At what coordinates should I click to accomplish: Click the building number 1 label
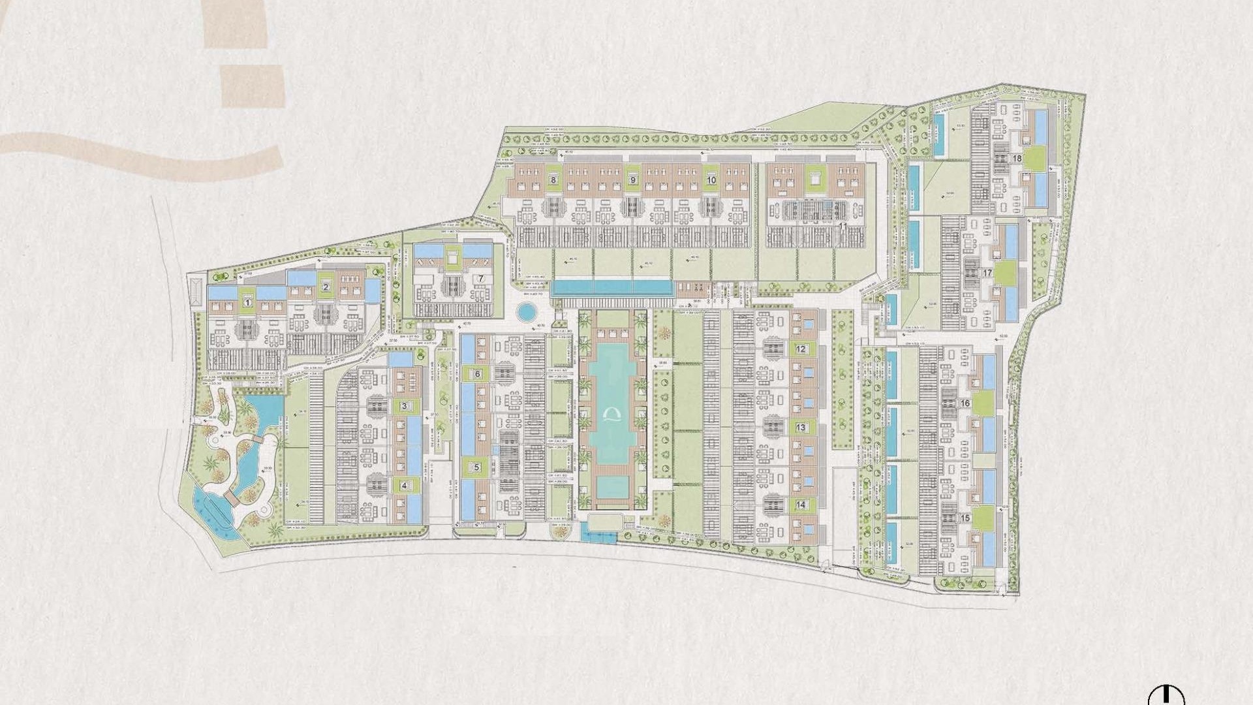[247, 302]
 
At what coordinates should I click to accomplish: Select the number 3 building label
[404, 407]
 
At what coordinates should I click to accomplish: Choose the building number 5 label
[476, 467]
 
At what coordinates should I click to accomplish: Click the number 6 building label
[477, 374]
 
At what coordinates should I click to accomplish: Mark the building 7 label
[480, 278]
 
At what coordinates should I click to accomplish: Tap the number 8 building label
[553, 180]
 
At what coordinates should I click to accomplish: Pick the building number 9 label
[632, 180]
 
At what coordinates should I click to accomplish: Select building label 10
[711, 180]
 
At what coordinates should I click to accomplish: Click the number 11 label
[843, 226]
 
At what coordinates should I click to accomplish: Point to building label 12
[801, 349]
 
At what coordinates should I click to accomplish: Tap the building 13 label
[801, 428]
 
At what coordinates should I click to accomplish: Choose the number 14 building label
[801, 505]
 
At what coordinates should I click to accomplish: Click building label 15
[965, 518]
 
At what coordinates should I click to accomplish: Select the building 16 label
[965, 403]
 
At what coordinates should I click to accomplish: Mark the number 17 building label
[987, 273]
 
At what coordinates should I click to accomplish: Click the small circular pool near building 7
[525, 312]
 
